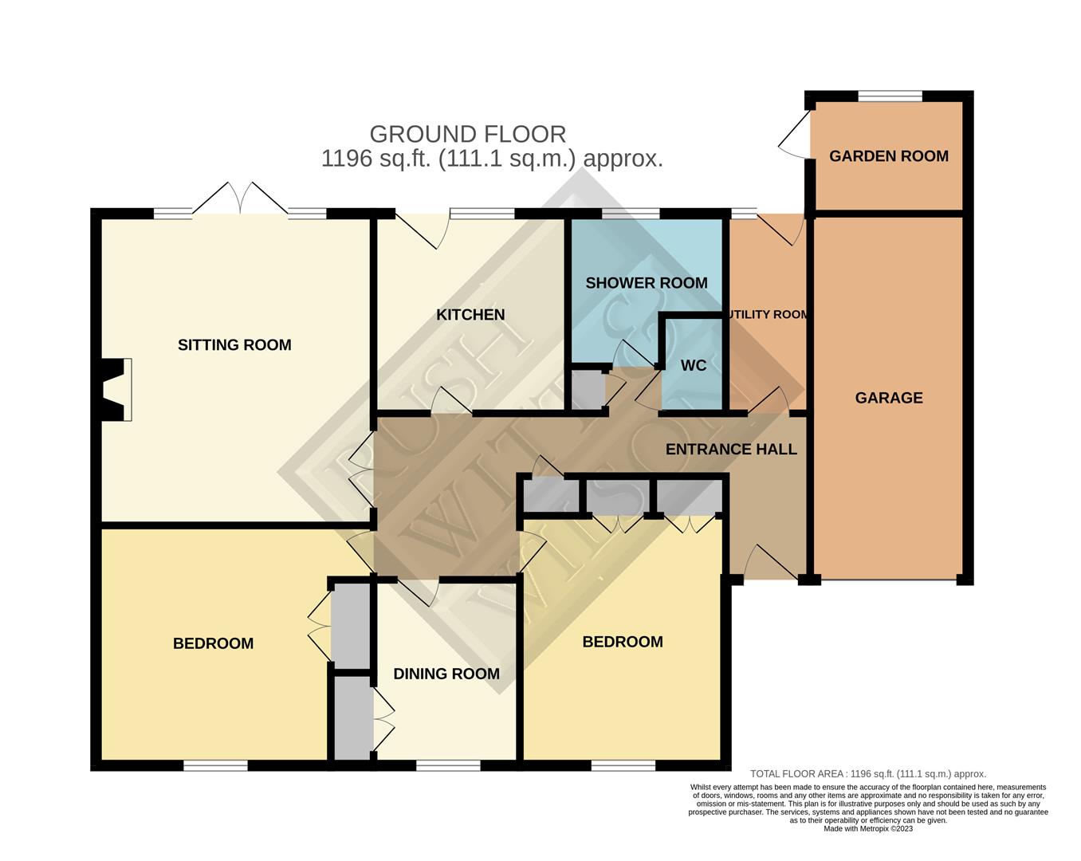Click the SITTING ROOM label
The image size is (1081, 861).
[x=234, y=345]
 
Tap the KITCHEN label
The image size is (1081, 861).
[x=470, y=315]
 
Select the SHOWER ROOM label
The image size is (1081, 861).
[x=646, y=283]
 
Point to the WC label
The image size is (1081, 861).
[x=694, y=366]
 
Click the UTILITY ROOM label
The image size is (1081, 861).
[x=768, y=315]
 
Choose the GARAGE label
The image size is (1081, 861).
[x=889, y=398]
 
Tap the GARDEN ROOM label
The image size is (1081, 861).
[x=889, y=156]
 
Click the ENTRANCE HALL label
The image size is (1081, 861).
[x=731, y=450]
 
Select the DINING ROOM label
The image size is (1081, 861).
[x=446, y=674]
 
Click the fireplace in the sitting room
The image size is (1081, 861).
[x=114, y=390]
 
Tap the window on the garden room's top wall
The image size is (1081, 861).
[x=890, y=96]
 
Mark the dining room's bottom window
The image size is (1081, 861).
[x=448, y=765]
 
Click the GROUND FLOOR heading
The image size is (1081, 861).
[x=468, y=134]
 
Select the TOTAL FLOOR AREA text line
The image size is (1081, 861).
[x=868, y=774]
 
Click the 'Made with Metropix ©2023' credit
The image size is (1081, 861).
[x=868, y=829]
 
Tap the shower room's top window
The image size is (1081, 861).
[x=630, y=213]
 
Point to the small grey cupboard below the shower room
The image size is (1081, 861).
[x=588, y=390]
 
